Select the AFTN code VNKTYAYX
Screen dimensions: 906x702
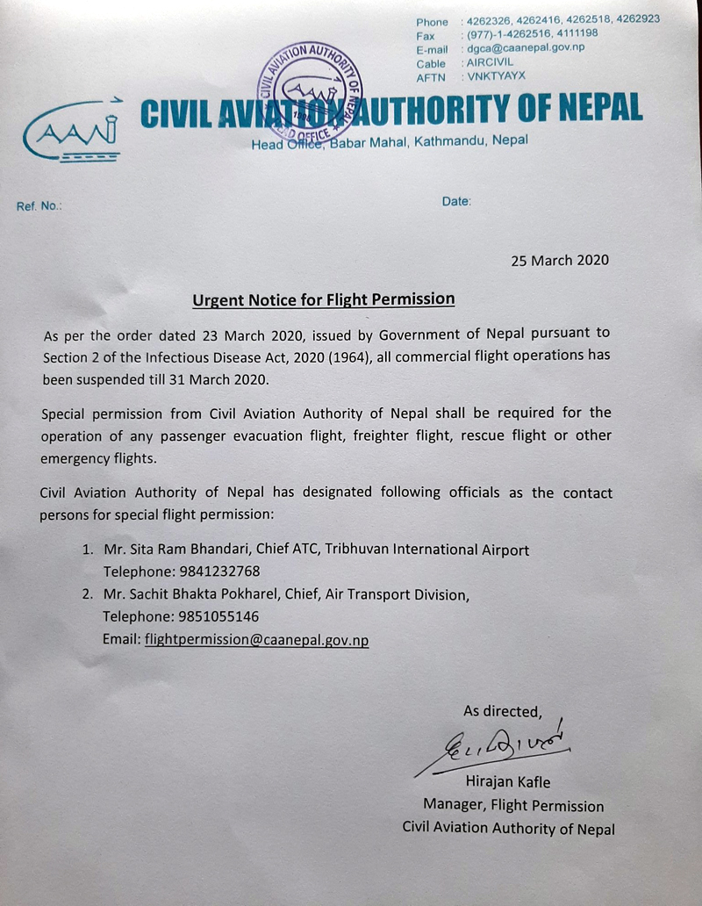(496, 77)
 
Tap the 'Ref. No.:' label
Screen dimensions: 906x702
(38, 207)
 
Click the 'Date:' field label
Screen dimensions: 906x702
(456, 201)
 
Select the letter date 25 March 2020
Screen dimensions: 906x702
(560, 260)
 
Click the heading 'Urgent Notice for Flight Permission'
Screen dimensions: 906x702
(324, 299)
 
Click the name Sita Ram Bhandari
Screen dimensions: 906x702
(191, 550)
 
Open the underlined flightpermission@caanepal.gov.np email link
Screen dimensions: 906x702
(256, 639)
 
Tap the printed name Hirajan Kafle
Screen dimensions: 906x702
(509, 782)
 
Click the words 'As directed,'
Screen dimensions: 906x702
(503, 710)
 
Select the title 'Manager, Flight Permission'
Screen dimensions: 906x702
(513, 805)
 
